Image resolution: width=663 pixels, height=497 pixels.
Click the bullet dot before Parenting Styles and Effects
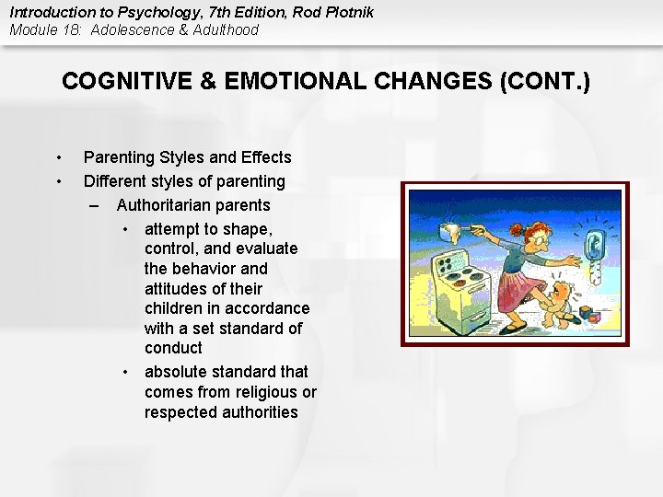(59, 157)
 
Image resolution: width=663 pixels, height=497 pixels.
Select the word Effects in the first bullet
(262, 157)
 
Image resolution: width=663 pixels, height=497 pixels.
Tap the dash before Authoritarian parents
(97, 204)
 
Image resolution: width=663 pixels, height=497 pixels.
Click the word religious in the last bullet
(261, 392)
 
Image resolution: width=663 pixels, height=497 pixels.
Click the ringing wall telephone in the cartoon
(594, 245)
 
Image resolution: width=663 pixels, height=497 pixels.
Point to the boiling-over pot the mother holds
(454, 225)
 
